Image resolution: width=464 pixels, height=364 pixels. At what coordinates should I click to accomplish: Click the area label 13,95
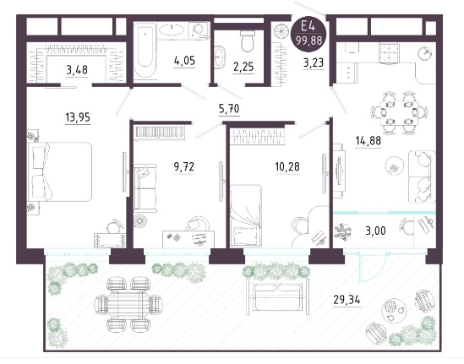pyautogui.click(x=78, y=117)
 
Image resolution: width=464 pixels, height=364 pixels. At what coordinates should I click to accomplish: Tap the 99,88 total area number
pyautogui.click(x=309, y=41)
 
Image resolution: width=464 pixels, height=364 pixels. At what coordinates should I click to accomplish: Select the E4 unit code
pyautogui.click(x=308, y=27)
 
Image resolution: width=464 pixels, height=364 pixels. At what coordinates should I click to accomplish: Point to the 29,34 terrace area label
pyautogui.click(x=347, y=300)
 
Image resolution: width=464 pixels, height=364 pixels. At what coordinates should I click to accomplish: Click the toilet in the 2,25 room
pyautogui.click(x=248, y=41)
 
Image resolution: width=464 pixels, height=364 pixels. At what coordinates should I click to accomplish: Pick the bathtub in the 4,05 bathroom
pyautogui.click(x=145, y=51)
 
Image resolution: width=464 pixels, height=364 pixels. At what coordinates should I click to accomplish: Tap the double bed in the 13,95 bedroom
pyautogui.click(x=60, y=172)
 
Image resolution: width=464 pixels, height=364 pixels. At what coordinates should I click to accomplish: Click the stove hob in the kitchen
pyautogui.click(x=389, y=53)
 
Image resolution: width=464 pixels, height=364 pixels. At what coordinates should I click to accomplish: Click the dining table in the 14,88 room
pyautogui.click(x=400, y=113)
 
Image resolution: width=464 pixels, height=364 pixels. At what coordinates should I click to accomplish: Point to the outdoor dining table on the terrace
pyautogui.click(x=128, y=304)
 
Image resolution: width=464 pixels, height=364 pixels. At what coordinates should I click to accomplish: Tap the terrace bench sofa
pyautogui.click(x=277, y=296)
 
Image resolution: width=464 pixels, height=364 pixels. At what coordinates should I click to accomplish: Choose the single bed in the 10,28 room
pyautogui.click(x=246, y=215)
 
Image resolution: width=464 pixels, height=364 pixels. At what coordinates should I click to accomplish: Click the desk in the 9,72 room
pyautogui.click(x=188, y=239)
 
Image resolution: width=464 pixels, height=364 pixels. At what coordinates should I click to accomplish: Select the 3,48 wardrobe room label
pyautogui.click(x=77, y=70)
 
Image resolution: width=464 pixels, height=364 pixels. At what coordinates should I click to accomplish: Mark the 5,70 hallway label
pyautogui.click(x=230, y=109)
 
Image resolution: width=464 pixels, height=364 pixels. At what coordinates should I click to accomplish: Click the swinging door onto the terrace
pyautogui.click(x=373, y=268)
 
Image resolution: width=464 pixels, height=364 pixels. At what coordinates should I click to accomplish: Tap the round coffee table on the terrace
pyautogui.click(x=394, y=311)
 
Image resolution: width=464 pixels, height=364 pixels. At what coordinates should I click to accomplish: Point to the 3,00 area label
pyautogui.click(x=375, y=231)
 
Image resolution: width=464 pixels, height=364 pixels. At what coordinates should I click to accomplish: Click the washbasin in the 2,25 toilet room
pyautogui.click(x=219, y=57)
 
